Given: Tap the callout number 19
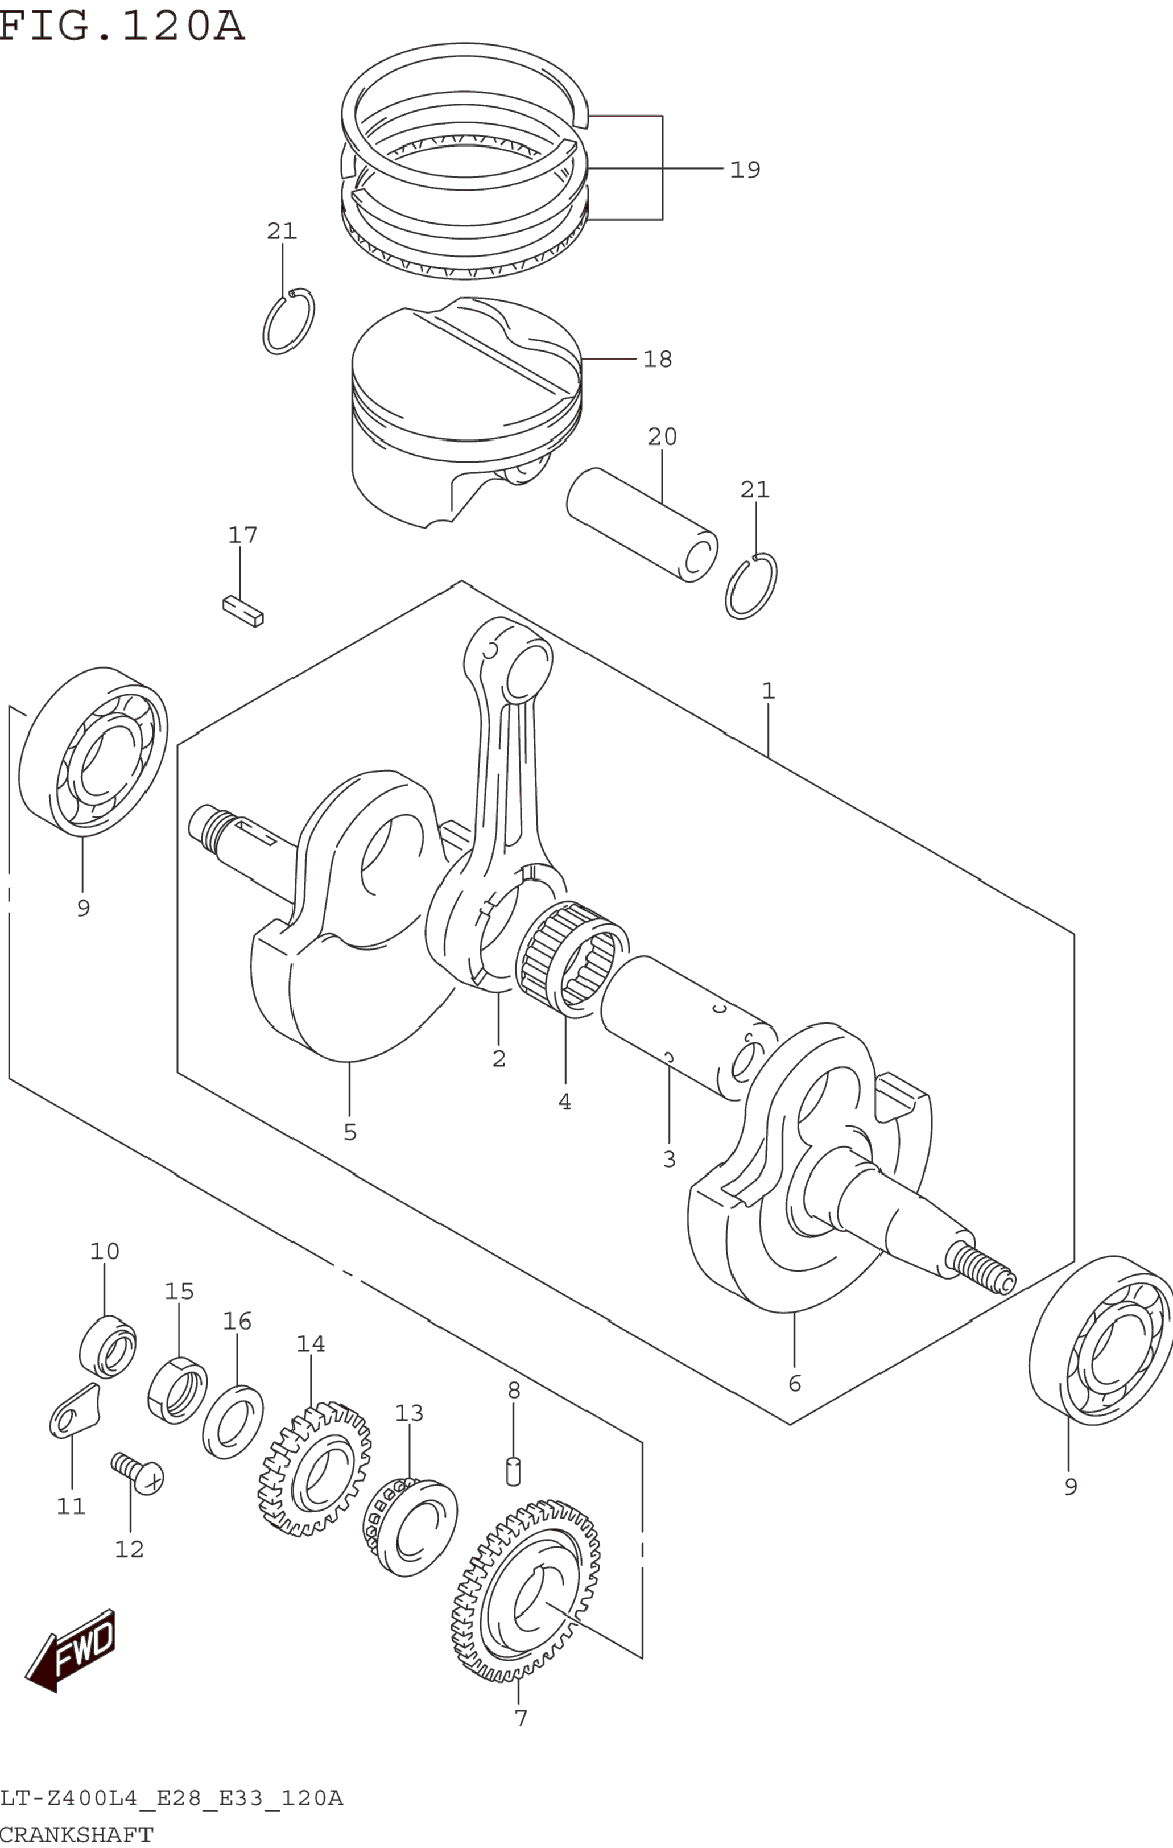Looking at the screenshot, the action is click(745, 170).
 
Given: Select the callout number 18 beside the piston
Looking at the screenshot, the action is click(658, 359).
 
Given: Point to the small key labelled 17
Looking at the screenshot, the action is click(243, 612).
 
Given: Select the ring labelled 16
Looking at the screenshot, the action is click(233, 1421).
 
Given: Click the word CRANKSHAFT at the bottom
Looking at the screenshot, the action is click(77, 1834).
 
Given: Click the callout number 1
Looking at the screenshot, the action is click(769, 691).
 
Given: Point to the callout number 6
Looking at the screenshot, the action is click(795, 1383).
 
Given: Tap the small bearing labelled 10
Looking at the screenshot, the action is click(108, 1346).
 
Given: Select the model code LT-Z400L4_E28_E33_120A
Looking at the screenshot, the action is click(172, 1797).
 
